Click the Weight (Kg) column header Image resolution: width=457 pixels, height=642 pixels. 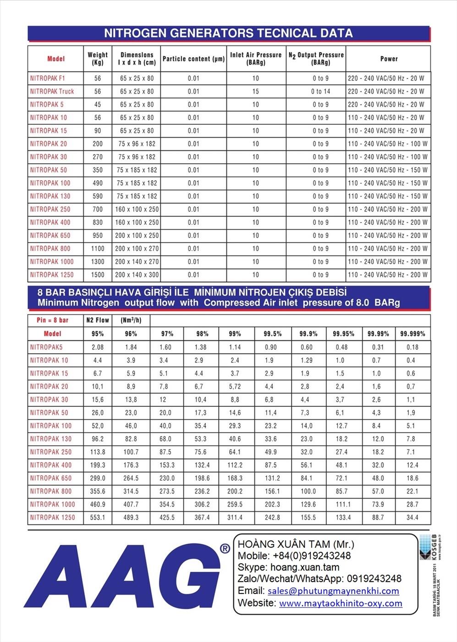(x=97, y=58)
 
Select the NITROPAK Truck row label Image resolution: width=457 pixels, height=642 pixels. (x=52, y=91)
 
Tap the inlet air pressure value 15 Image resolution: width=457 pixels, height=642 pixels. (x=255, y=91)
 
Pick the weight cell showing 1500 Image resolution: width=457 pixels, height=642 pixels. (x=97, y=275)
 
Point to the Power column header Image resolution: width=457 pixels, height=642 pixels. (x=389, y=59)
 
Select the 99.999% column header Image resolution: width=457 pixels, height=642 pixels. (x=413, y=334)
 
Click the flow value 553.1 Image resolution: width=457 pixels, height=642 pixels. (x=98, y=517)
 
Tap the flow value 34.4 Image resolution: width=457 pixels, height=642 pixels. (x=413, y=517)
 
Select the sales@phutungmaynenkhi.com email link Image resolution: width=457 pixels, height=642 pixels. (x=333, y=591)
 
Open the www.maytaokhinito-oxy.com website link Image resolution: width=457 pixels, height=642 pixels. (x=341, y=603)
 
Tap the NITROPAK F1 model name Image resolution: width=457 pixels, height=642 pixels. (x=48, y=78)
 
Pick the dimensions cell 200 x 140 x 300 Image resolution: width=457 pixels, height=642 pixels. (x=137, y=275)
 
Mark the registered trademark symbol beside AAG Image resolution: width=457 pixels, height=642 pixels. (x=225, y=549)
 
